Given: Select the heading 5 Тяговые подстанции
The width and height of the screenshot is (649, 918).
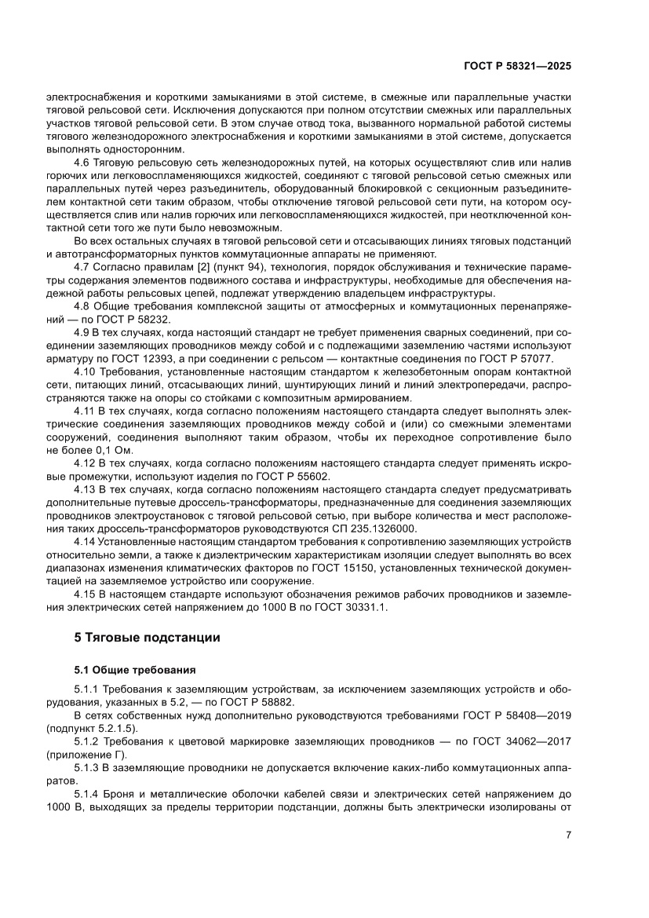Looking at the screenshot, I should (x=147, y=638).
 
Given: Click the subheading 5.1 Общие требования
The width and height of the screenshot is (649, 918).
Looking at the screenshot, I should (x=134, y=670).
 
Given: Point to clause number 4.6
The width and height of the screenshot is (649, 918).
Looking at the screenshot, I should (x=83, y=162).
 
